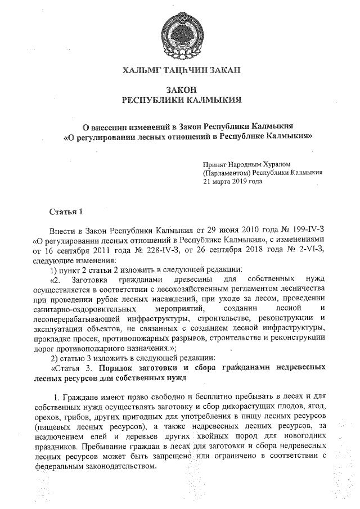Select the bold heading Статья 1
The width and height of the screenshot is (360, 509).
(x=66, y=212)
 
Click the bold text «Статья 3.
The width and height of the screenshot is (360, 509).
(x=72, y=367)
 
